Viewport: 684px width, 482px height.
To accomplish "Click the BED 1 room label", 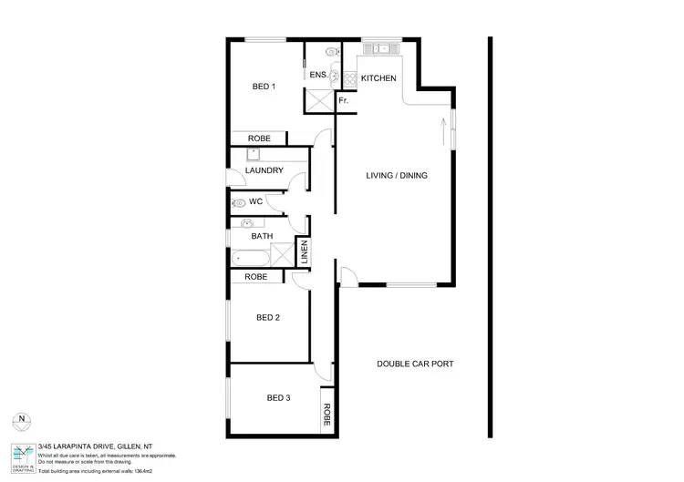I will tap(264, 87).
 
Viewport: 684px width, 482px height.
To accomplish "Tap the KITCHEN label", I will tap(378, 78).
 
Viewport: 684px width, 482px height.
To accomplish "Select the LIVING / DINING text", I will tap(397, 176).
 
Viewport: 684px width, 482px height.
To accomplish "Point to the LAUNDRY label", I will tap(264, 170).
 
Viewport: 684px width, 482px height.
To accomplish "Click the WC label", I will tap(256, 201).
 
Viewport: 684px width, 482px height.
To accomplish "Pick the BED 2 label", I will tap(267, 318).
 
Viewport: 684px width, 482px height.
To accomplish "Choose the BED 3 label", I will tap(278, 397).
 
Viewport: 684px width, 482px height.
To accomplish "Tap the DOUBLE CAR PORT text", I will tap(415, 364).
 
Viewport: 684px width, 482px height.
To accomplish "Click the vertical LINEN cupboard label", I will tap(305, 252).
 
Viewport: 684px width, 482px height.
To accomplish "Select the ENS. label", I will tap(318, 76).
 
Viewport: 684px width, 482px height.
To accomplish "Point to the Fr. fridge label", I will tap(343, 100).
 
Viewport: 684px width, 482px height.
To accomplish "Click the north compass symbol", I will tap(22, 420).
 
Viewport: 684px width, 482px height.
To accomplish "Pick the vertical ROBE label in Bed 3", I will tap(326, 415).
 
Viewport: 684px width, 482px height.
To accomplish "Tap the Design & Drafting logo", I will tap(22, 455).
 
